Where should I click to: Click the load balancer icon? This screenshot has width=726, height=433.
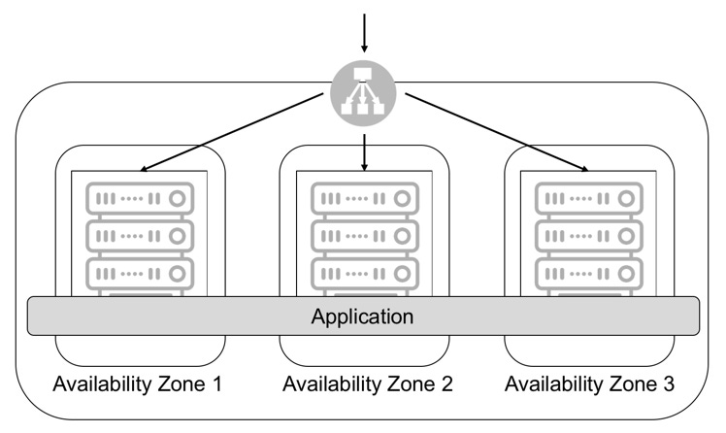363,93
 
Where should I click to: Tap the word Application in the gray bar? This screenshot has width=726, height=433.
363,316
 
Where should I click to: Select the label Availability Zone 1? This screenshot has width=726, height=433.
138,383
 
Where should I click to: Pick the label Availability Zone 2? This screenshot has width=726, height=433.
368,383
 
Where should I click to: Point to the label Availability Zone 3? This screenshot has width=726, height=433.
589,383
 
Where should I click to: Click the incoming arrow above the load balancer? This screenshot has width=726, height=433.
364,33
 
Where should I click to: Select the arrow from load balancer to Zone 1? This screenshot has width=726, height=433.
231,132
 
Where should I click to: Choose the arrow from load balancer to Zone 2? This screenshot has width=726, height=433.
364,152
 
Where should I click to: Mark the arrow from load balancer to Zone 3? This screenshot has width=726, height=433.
497,132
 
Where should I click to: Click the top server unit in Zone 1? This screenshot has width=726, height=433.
140,198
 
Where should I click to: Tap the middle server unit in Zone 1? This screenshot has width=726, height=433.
140,236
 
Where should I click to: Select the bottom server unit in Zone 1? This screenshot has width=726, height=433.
140,274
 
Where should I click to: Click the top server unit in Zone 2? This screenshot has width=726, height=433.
365,198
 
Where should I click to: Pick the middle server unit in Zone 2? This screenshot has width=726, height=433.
365,236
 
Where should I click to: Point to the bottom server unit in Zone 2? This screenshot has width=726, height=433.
365,274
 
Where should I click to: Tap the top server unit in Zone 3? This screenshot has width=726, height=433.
589,198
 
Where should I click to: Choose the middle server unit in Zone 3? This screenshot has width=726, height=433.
589,236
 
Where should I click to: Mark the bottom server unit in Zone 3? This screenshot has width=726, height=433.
589,274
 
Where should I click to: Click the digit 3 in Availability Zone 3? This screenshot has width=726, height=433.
668,383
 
